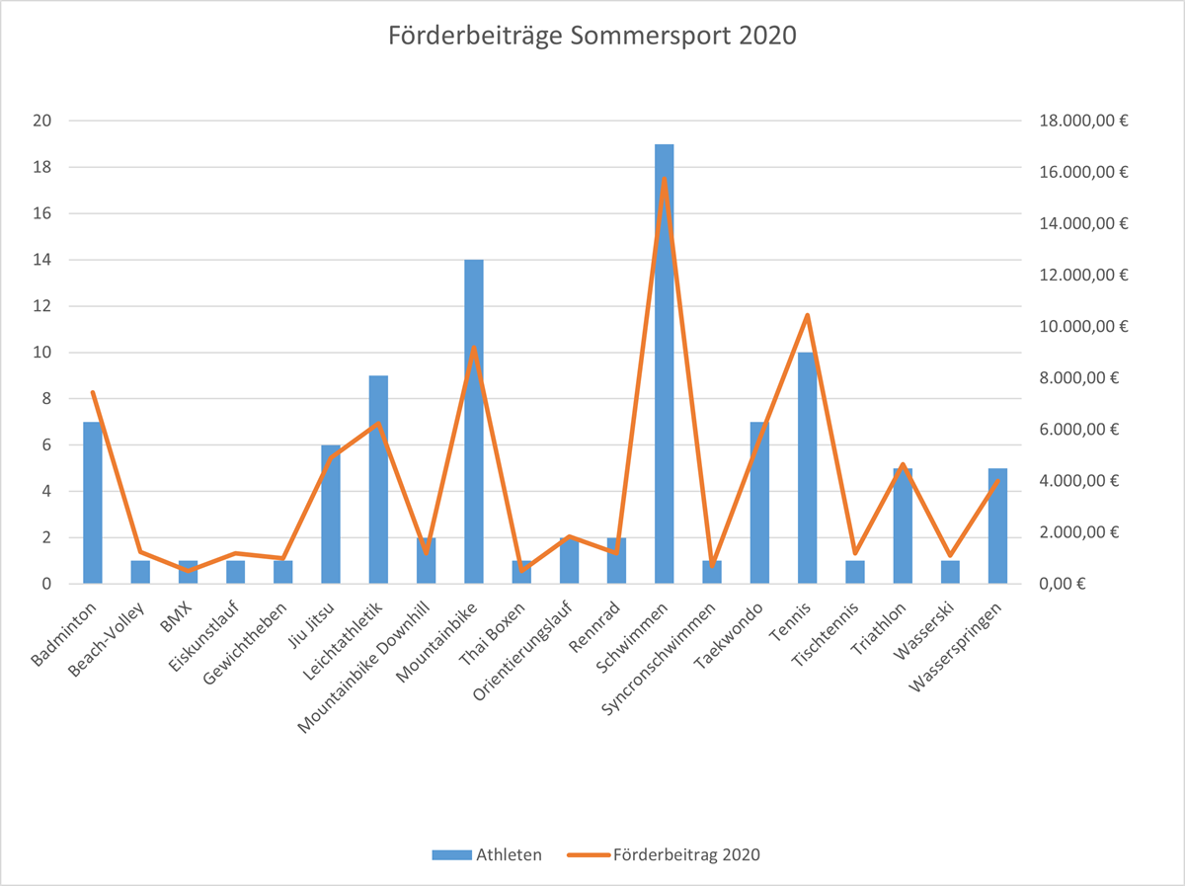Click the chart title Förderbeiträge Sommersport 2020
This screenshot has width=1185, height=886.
coord(592,37)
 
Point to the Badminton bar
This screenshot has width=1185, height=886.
coord(93,503)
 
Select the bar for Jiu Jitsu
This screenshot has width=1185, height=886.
coord(331,515)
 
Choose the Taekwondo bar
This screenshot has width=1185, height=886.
coord(759,503)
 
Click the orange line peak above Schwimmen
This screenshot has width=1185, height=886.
coord(664,179)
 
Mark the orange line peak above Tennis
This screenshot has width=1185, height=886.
coord(807,315)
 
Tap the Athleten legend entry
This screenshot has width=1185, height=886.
coord(487,854)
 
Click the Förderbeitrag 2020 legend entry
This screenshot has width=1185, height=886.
coord(665,854)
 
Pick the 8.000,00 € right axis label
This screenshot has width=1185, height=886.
coord(1084,378)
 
